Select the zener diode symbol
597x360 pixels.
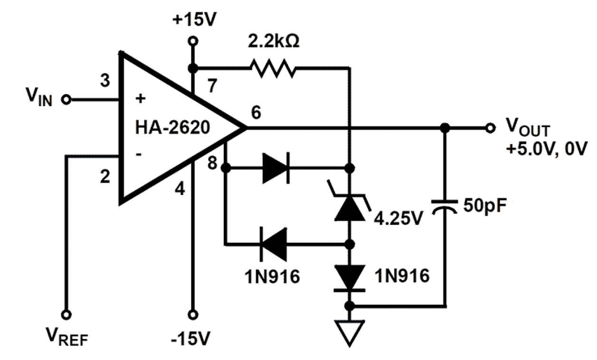pos(350,208)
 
